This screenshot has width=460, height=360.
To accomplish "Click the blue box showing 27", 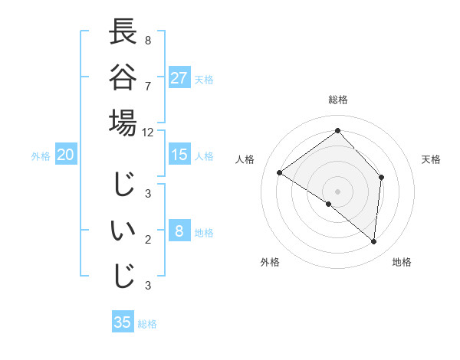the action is pos(179,78).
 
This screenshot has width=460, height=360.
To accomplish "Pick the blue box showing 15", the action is pos(179,155).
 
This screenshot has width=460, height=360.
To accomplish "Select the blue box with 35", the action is pos(123,322).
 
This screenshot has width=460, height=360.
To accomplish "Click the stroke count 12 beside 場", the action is pos(148,132).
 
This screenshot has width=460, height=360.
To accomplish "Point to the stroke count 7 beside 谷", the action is pos(148,85).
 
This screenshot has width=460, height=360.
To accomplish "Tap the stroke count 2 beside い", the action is pos(148,240).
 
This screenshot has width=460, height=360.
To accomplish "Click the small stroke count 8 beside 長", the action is pos(148,39).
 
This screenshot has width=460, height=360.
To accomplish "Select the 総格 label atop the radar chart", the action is pos(338,100).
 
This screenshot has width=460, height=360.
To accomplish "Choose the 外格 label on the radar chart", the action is pos(269,262).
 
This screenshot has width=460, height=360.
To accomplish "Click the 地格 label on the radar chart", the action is pos(402,262).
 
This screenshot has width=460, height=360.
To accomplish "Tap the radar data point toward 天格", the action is pos(381,177).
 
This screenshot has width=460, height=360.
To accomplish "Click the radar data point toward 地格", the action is pos(374,242).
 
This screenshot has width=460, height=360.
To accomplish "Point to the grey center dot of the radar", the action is pos(337,191).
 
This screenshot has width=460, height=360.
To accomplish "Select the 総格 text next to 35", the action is pos(147,324).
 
